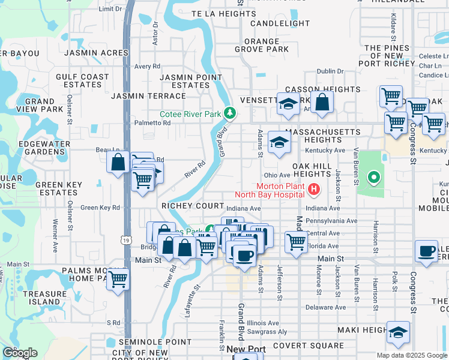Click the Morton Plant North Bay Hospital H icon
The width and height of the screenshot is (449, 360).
pyautogui.click(x=313, y=191)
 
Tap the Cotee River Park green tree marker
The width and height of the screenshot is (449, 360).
pyautogui.click(x=229, y=113)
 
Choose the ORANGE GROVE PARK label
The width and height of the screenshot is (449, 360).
pyautogui.click(x=262, y=45)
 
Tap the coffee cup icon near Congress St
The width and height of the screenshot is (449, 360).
pyautogui.click(x=426, y=251)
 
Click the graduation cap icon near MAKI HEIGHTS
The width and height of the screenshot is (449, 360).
pyautogui.click(x=398, y=333)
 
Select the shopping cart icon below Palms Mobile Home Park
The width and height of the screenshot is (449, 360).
pyautogui.click(x=119, y=278)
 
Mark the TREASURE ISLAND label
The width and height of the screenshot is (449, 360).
pyautogui.click(x=45, y=298)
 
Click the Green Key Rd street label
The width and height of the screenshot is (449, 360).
pyautogui.click(x=100, y=208)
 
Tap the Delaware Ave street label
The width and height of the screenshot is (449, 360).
pyautogui.click(x=325, y=307)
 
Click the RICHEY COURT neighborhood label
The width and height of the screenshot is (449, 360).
pyautogui.click(x=191, y=206)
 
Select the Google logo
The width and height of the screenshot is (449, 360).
pyautogui.click(x=20, y=353)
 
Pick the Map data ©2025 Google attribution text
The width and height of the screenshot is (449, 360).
pyautogui.click(x=411, y=355)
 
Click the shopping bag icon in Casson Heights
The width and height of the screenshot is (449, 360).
pyautogui.click(x=322, y=103)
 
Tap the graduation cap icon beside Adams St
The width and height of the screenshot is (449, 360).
pyautogui.click(x=279, y=142)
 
